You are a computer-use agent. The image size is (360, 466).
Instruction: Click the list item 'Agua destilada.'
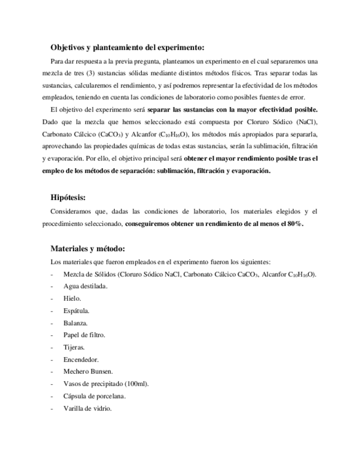click(x=86, y=286)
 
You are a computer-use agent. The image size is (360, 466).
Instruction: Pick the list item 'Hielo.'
click(x=73, y=298)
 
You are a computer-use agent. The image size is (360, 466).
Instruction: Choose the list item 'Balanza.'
click(x=76, y=323)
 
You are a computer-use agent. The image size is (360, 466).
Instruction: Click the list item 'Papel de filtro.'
click(x=84, y=335)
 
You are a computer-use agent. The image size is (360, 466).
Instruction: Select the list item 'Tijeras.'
click(x=74, y=347)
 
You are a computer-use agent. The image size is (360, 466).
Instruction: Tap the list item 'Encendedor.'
click(x=81, y=359)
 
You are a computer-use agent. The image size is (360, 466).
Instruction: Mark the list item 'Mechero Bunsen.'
click(x=88, y=371)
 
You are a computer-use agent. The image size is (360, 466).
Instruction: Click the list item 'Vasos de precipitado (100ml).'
click(x=106, y=384)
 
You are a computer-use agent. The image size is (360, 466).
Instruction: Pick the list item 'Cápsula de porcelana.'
click(x=95, y=396)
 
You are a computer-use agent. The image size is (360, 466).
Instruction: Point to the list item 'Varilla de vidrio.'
click(x=88, y=408)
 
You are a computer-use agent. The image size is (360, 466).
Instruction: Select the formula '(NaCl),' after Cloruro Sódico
click(x=307, y=121)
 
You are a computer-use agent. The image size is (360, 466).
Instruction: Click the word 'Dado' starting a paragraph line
click(x=51, y=121)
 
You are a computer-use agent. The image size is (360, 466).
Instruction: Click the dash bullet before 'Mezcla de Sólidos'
click(x=51, y=274)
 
